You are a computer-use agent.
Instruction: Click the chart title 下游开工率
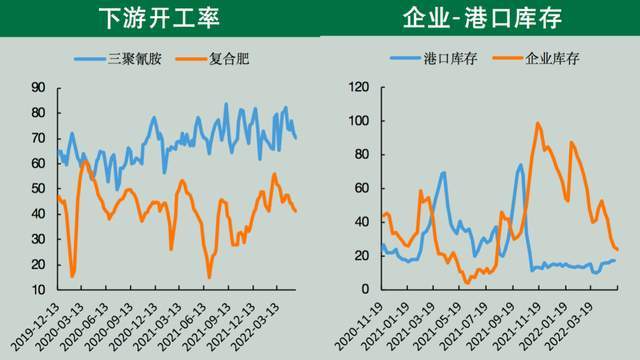(x=160, y=18)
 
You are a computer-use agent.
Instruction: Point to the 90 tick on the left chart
(x=38, y=88)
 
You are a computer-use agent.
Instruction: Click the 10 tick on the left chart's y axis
(x=38, y=290)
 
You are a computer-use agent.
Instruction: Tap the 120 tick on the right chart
(x=358, y=88)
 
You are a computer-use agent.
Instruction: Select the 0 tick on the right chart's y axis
(x=365, y=290)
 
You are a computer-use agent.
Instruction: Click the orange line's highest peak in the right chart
(x=538, y=123)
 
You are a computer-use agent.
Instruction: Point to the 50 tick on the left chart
(x=38, y=189)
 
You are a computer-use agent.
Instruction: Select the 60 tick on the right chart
(x=361, y=189)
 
